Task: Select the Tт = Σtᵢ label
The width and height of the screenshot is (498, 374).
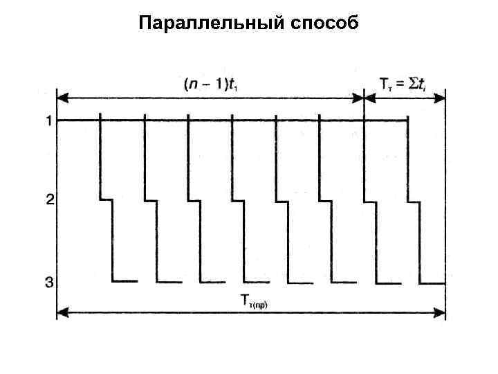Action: point(405,84)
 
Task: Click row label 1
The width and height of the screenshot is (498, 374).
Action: point(49,121)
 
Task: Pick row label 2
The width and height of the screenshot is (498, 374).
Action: point(49,200)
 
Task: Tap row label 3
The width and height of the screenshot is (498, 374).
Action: point(49,282)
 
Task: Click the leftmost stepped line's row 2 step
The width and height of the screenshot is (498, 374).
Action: point(107,200)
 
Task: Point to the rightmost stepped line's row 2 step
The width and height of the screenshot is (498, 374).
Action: point(414,202)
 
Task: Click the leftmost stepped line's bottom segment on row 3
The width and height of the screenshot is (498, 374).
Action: point(124,281)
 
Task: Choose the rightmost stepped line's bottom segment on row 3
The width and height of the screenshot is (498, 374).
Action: point(432,283)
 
